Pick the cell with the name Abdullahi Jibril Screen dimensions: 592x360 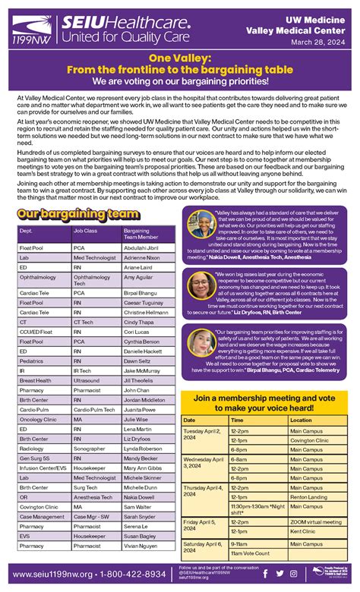[143, 247]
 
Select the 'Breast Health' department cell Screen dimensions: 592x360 [36, 379]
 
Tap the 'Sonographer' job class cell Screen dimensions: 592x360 [89, 448]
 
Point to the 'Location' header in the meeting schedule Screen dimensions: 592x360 [302, 420]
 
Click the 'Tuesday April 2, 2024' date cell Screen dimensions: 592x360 [201, 433]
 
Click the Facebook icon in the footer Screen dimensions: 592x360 [265, 574]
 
